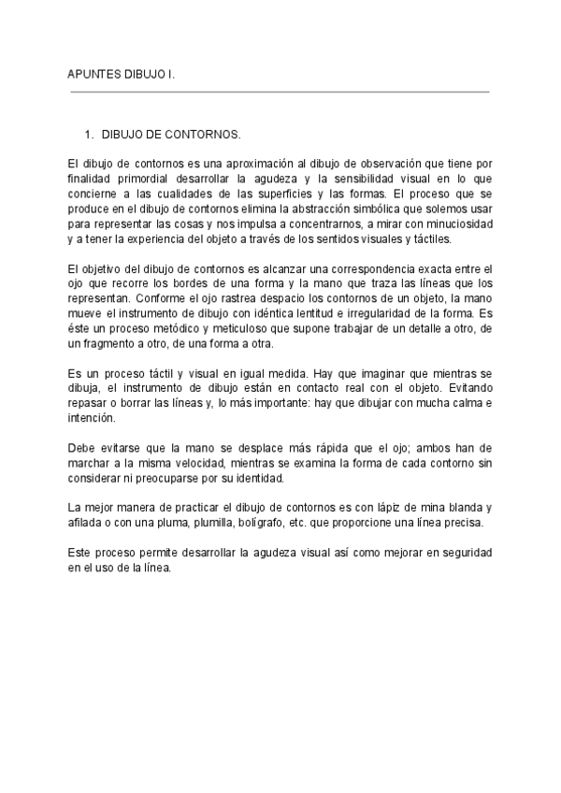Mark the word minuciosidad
coord(453,224)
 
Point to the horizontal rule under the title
coord(280,92)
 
